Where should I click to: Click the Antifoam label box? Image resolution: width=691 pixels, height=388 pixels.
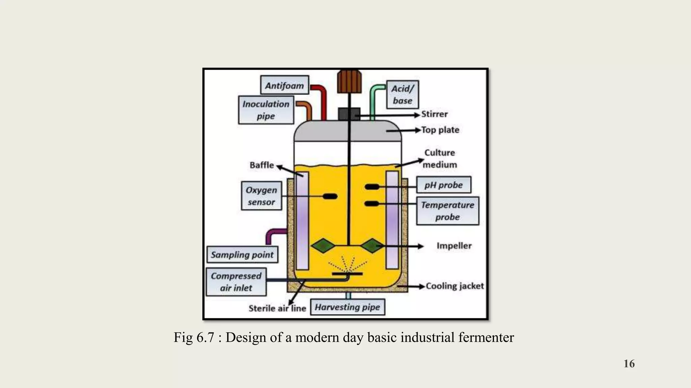click(x=284, y=85)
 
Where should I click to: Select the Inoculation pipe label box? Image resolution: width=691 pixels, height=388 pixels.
click(x=266, y=110)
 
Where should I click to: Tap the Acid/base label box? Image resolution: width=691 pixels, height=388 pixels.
click(x=402, y=95)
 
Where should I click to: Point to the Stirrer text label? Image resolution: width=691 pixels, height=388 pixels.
click(x=434, y=114)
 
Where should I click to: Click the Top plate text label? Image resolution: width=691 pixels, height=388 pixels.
click(x=440, y=130)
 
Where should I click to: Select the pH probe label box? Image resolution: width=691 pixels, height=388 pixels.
click(x=443, y=185)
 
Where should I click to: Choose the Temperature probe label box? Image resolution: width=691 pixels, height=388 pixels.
click(x=447, y=211)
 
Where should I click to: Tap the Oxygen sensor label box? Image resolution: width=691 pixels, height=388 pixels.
click(x=261, y=196)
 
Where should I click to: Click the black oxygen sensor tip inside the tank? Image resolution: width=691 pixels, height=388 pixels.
click(x=330, y=196)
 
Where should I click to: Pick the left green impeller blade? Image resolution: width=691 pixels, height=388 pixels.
click(x=323, y=246)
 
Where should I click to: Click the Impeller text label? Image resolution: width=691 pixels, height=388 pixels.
click(x=454, y=246)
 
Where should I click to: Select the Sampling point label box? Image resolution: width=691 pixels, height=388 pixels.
click(x=242, y=255)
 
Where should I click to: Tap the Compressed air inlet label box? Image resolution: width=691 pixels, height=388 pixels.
click(x=236, y=282)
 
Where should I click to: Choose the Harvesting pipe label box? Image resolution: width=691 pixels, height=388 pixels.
click(x=347, y=307)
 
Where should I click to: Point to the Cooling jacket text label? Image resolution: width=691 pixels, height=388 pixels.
click(x=454, y=286)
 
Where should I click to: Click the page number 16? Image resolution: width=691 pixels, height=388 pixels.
click(x=629, y=364)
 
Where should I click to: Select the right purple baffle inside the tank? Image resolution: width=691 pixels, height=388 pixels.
click(x=392, y=220)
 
